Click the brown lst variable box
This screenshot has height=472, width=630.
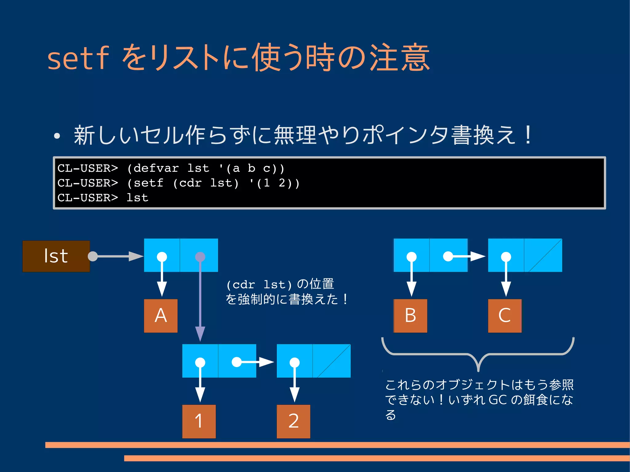tap(56, 256)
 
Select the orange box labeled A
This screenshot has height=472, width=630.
tap(161, 316)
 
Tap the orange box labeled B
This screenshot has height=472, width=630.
tap(410, 316)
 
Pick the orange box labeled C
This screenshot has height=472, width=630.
tap(504, 316)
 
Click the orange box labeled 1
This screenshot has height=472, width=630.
tap(199, 421)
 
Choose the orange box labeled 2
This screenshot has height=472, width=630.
tap(293, 421)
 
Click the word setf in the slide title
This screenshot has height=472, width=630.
tap(78, 58)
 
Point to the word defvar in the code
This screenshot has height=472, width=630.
tap(156, 169)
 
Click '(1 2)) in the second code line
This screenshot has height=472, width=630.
tap(274, 183)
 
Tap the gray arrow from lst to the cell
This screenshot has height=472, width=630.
tap(115, 256)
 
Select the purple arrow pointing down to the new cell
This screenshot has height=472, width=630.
tap(200, 301)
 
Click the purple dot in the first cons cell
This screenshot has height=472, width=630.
tap(200, 257)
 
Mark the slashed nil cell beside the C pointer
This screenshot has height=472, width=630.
tap(543, 255)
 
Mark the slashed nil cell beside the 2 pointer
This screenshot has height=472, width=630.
tap(332, 361)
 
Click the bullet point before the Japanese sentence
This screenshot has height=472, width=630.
tap(57, 136)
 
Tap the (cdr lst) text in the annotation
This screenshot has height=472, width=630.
tap(259, 285)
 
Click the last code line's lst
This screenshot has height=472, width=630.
tap(138, 198)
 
